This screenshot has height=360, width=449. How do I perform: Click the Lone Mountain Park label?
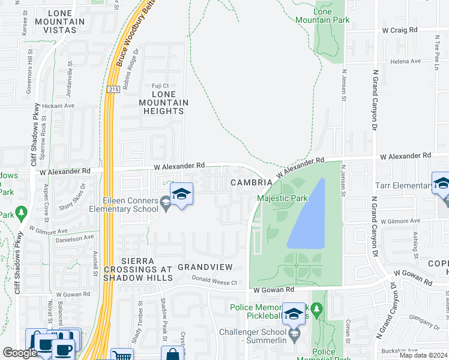(x=322, y=16)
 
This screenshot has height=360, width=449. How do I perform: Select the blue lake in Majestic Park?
(x=307, y=215)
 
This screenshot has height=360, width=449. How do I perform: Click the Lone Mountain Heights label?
(x=164, y=103)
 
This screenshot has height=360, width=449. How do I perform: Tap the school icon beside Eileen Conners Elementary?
(x=181, y=194)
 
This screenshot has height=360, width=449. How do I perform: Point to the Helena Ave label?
(x=406, y=61)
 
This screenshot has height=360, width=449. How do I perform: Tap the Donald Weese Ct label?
(x=215, y=281)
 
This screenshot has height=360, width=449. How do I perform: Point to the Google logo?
(x=20, y=353)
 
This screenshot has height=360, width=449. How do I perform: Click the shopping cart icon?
(x=122, y=355)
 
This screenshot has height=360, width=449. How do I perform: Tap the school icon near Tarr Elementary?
(x=442, y=183)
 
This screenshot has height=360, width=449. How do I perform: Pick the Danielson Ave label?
(x=74, y=238)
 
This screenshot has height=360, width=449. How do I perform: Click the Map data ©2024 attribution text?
(x=424, y=355)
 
